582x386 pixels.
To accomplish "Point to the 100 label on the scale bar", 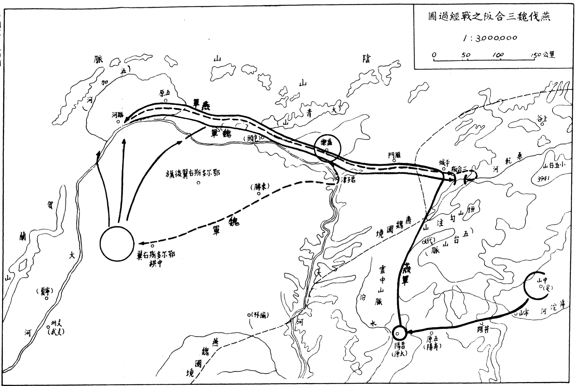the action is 499,55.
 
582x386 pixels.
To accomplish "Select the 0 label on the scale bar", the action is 434,55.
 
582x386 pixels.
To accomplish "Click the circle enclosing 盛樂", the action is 327,148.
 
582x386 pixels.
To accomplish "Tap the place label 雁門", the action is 394,155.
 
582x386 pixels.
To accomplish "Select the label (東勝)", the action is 260,187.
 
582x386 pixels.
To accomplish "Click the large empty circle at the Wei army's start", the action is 117,243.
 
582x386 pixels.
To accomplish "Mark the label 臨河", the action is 117,115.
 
